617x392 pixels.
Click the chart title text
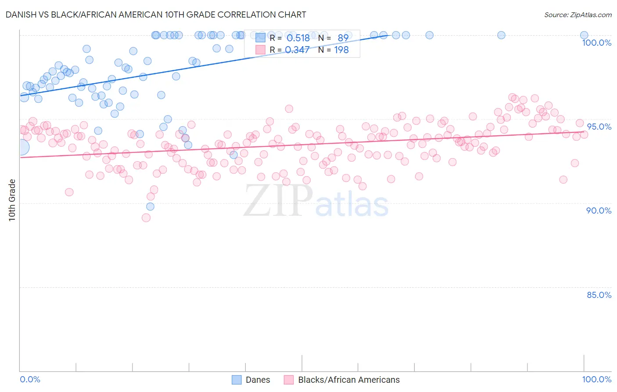coord(156,15)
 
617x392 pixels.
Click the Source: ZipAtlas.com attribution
coord(578,15)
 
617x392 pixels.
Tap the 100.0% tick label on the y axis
coord(596,43)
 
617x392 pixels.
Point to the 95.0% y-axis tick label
coord(599,127)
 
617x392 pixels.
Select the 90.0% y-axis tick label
coord(599,211)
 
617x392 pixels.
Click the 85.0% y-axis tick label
coord(599,295)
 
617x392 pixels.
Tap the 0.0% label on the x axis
coord(30,379)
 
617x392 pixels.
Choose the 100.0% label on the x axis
coord(596,379)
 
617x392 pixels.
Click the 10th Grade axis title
coord(12,200)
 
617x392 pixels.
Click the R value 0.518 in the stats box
coord(298,38)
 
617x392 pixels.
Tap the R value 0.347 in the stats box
coord(298,50)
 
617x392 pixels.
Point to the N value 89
coord(343,38)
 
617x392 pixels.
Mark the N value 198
coord(341,50)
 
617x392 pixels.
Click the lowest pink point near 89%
coord(146,218)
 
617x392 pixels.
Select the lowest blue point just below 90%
coord(150,207)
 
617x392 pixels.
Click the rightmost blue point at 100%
coord(584,35)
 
